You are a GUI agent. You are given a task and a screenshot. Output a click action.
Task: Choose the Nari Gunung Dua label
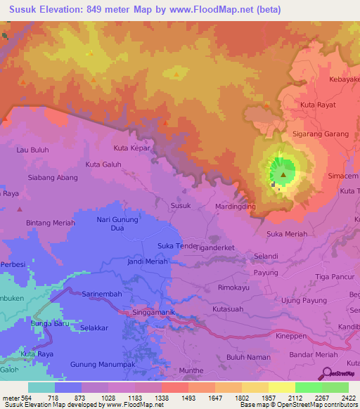tap(117, 224)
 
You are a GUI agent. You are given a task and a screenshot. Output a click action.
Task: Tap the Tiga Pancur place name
tap(334, 276)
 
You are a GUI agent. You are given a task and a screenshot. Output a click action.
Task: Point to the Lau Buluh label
tap(32, 150)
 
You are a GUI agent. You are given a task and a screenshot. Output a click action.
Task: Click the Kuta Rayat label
tap(318, 105)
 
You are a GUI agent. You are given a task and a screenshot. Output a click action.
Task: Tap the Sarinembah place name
tap(103, 294)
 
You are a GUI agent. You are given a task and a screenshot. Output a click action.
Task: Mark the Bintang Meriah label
tap(50, 223)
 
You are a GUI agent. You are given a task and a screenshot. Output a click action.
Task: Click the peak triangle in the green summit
tap(283, 174)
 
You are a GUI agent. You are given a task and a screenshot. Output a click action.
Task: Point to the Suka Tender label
tap(178, 245)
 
